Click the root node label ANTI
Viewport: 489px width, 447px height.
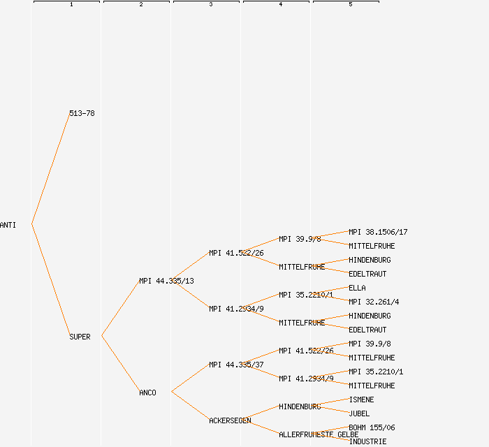click(8, 225)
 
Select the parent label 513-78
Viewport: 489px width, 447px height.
click(82, 113)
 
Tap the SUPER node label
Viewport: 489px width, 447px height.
click(80, 337)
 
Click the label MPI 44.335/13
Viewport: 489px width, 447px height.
click(166, 281)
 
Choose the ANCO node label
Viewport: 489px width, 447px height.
click(147, 393)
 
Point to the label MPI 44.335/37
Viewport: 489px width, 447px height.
click(236, 365)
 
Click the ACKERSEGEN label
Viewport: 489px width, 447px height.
click(230, 420)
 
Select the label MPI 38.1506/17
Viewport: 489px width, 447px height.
click(378, 232)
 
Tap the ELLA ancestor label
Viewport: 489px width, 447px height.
click(357, 288)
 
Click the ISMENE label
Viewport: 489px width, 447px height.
click(361, 400)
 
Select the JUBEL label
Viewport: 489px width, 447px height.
click(359, 413)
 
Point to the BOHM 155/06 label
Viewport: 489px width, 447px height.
click(372, 427)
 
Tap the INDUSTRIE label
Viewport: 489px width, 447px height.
click(367, 441)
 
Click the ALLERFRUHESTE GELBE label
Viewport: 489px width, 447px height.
click(319, 434)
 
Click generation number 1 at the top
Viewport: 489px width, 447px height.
click(71, 5)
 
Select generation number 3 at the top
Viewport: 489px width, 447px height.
click(211, 5)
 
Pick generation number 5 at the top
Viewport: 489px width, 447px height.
click(351, 5)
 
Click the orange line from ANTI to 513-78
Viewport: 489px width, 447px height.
click(50, 169)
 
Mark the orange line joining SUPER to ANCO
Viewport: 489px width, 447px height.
click(120, 365)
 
